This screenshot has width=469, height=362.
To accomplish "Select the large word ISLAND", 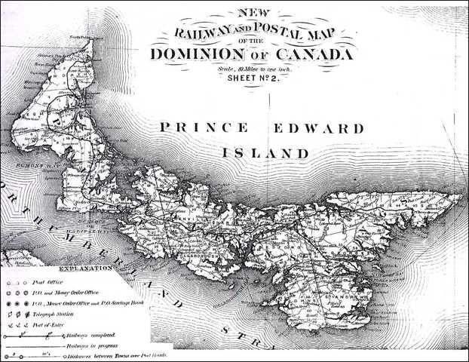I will (265, 152).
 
